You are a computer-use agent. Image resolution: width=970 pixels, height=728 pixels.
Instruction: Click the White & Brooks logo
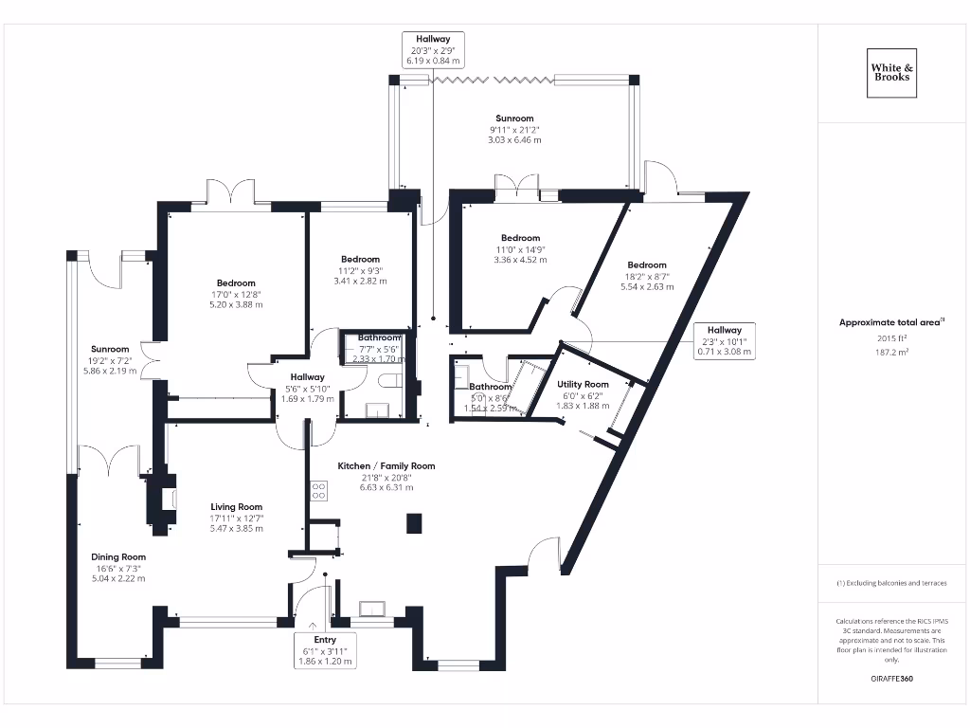892,72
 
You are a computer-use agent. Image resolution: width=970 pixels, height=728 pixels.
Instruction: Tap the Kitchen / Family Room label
386,465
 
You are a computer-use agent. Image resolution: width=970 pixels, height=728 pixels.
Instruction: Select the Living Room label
236,507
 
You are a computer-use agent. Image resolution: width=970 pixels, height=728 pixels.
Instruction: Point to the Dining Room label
118,556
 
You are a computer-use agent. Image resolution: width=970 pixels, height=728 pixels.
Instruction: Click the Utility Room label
583,384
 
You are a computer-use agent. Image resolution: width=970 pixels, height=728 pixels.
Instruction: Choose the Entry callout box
326,650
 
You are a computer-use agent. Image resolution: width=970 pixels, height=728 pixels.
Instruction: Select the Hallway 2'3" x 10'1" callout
724,340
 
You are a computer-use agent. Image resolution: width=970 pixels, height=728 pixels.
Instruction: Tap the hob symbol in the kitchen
319,491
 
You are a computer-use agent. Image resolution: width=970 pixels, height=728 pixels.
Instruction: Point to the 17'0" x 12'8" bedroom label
236,283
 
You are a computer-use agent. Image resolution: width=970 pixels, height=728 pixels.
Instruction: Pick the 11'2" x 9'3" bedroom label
360,260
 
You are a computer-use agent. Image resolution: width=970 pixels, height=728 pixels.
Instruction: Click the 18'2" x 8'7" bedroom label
646,265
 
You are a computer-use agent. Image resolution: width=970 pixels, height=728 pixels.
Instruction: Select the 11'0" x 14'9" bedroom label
520,238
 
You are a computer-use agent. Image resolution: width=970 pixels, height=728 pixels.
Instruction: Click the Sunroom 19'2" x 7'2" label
110,349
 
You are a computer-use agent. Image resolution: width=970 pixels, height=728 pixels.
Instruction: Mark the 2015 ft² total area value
891,337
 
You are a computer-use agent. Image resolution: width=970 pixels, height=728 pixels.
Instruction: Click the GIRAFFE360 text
891,679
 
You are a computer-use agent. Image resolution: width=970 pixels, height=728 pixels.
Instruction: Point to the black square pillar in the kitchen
413,523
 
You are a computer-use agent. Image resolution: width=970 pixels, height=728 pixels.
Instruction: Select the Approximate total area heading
891,322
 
